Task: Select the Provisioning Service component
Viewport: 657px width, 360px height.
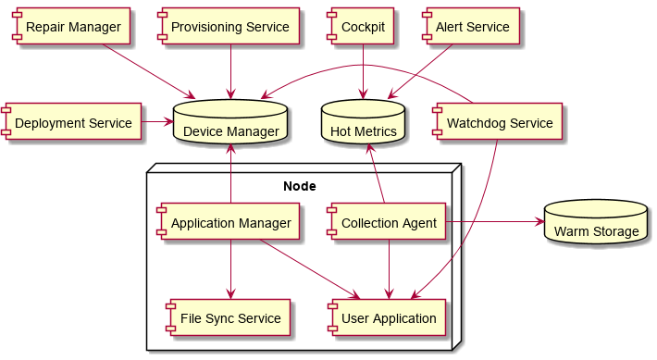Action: [x=229, y=27]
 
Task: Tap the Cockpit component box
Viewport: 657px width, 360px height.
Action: [x=363, y=27]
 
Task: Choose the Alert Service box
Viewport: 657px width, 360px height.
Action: [x=470, y=27]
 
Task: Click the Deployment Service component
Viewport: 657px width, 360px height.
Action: [x=72, y=122]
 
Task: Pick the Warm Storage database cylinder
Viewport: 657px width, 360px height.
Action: [x=595, y=222]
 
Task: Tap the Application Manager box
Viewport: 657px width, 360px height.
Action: [x=229, y=223]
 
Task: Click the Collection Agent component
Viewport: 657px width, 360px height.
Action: [x=387, y=223]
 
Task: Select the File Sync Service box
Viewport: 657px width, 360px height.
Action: [x=229, y=318]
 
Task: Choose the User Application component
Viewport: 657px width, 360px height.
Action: [x=387, y=318]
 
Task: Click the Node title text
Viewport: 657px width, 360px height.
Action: [x=299, y=186]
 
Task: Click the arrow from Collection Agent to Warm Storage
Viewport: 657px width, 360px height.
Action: [x=494, y=222]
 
